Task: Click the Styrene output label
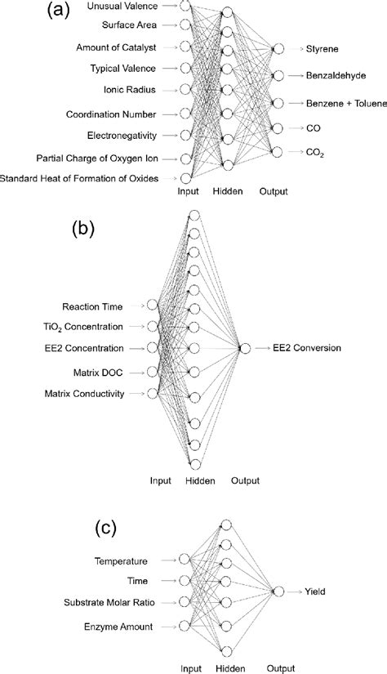pos(322,50)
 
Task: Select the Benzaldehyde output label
pos(336,75)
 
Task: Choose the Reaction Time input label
pos(94,306)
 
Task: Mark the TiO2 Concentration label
pos(83,328)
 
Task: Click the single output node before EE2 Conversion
pos(243,349)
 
